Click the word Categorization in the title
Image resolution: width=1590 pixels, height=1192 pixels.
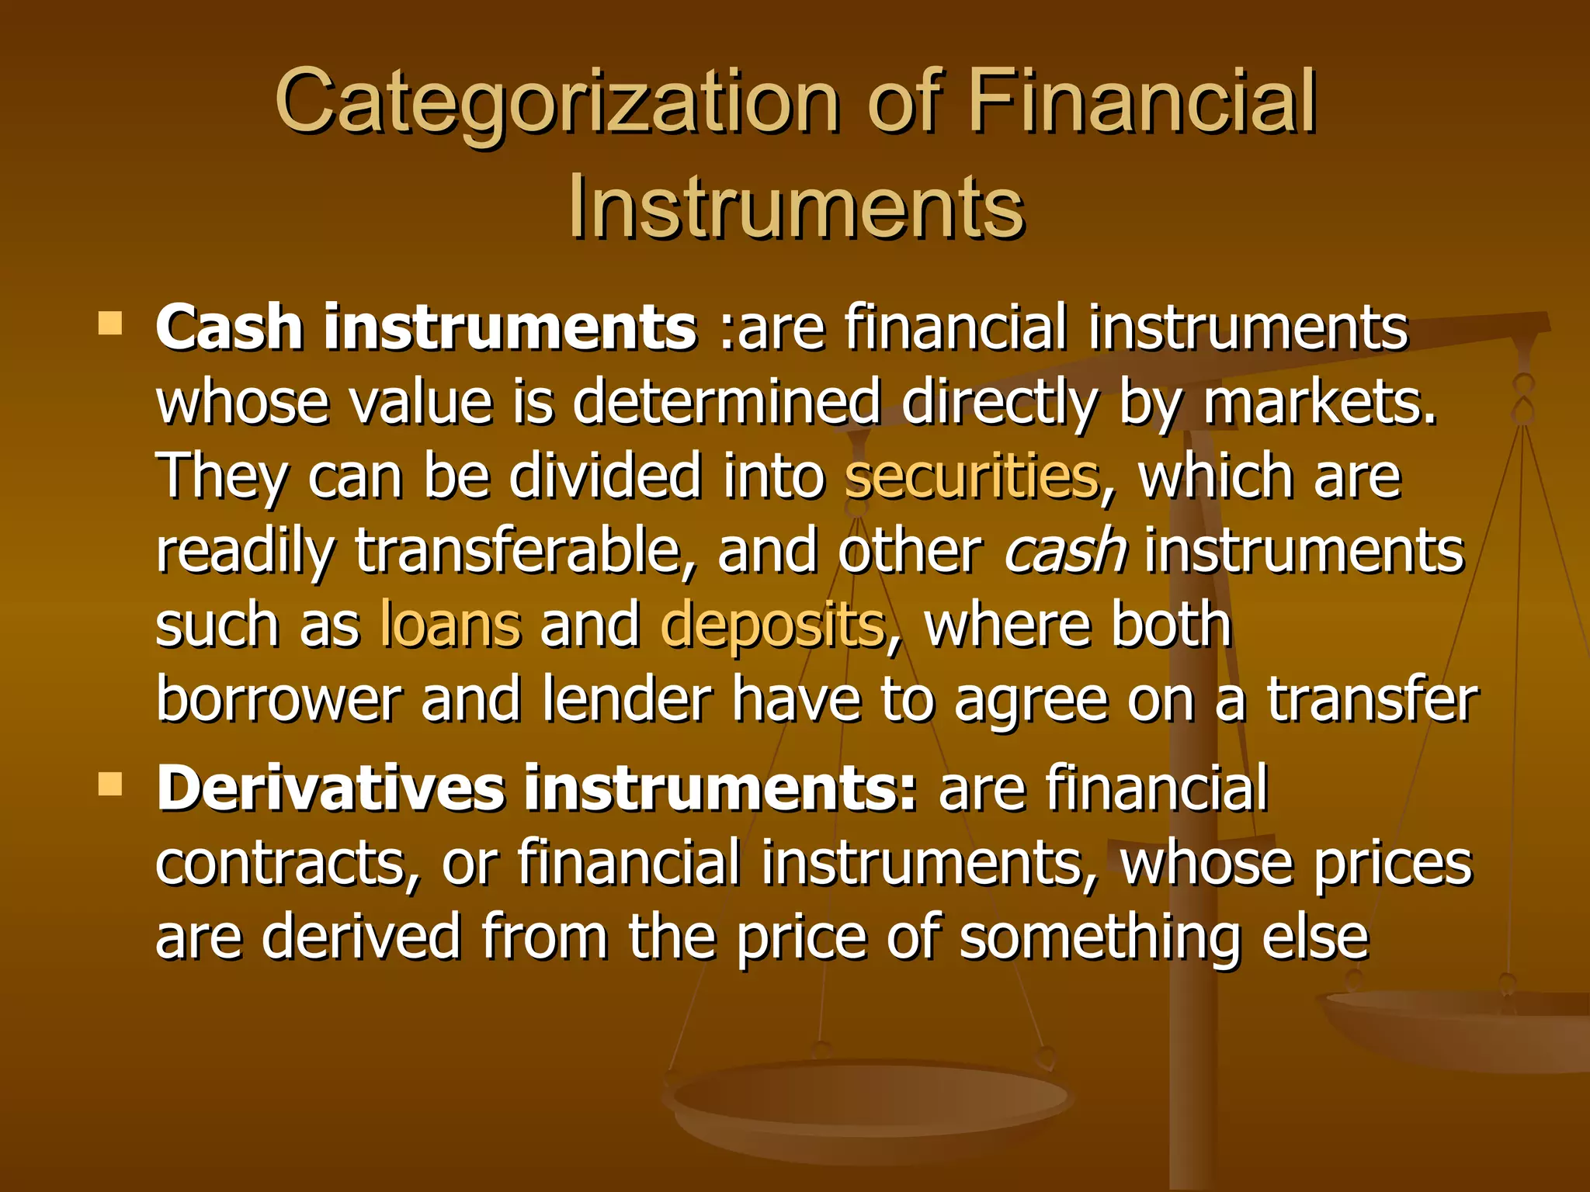click(x=556, y=102)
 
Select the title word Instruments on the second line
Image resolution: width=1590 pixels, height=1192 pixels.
click(x=796, y=207)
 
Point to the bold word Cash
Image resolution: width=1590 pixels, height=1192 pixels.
click(x=229, y=327)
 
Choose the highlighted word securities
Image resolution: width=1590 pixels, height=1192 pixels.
click(x=971, y=476)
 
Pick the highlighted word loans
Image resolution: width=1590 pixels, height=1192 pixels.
click(x=450, y=625)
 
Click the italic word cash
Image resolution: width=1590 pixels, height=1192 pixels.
click(x=1064, y=550)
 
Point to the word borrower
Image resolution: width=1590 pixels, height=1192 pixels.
click(x=279, y=699)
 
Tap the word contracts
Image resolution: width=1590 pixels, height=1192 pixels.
click(x=287, y=863)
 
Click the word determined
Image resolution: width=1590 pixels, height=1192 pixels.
click(x=726, y=402)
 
